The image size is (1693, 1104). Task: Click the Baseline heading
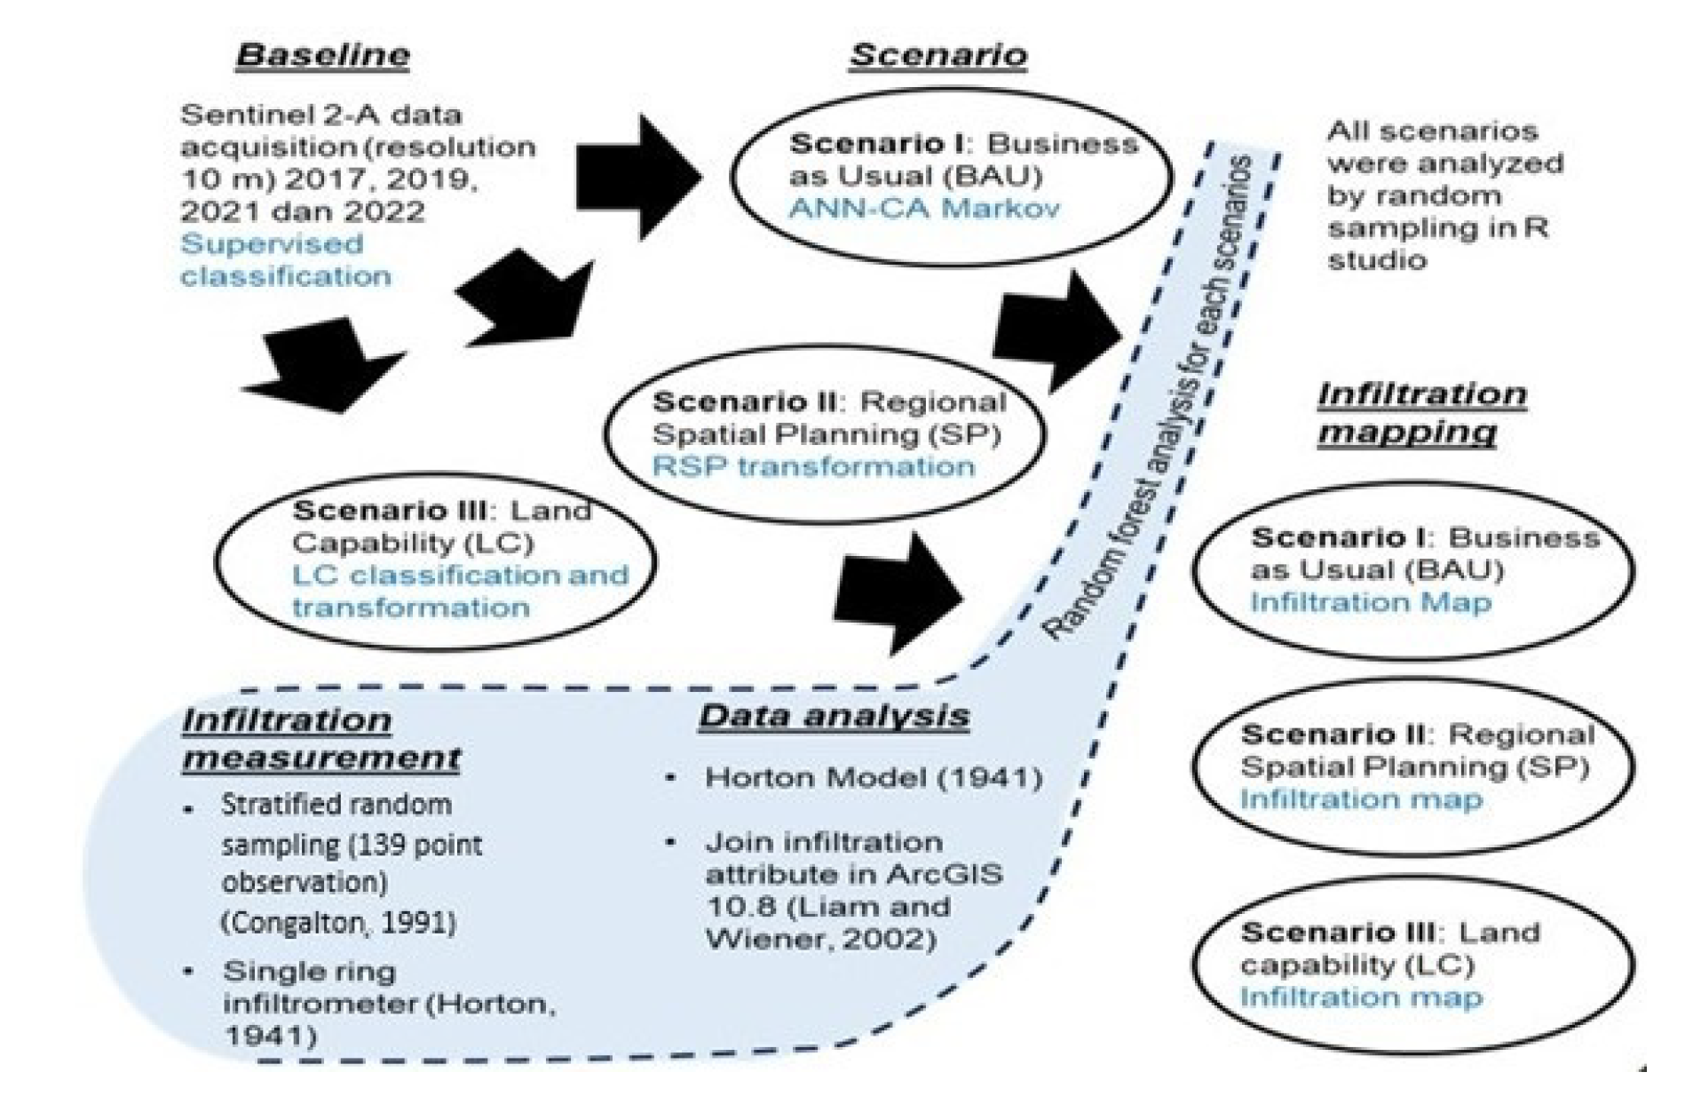(x=322, y=55)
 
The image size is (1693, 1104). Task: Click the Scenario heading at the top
(x=937, y=55)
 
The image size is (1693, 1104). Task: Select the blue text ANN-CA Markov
(x=923, y=209)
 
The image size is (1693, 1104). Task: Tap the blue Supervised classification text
(x=284, y=259)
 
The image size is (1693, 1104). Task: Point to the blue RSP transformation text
(x=812, y=466)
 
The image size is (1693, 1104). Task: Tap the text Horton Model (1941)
(x=873, y=778)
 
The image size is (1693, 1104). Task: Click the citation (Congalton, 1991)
(x=338, y=922)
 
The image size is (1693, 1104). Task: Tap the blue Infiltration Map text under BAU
(x=1370, y=603)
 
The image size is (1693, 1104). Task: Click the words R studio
(x=1438, y=243)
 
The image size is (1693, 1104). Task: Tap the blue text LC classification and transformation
(x=459, y=592)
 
